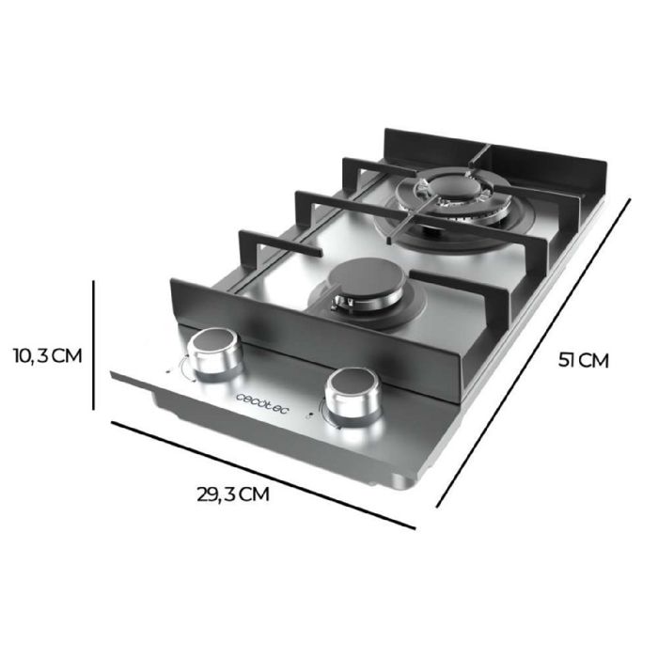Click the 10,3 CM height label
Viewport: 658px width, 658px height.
48,356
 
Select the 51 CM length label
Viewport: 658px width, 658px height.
583,360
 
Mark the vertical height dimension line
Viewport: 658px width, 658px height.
95,344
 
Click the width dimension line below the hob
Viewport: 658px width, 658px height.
263,475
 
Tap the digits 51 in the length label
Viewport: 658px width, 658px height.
567,360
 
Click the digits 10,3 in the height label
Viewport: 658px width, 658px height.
30,356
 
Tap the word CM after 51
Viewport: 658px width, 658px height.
594,360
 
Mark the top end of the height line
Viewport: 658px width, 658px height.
95,279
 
